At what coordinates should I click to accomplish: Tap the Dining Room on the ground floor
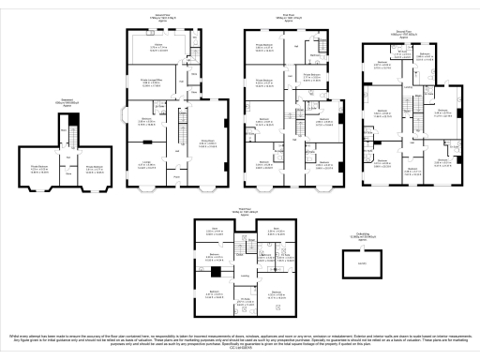click(208, 142)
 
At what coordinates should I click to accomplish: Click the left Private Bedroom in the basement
click(40, 170)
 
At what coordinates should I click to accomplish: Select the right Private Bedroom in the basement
click(94, 170)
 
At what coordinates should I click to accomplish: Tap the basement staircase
click(67, 140)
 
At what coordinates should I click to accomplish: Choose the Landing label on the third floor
click(244, 276)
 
